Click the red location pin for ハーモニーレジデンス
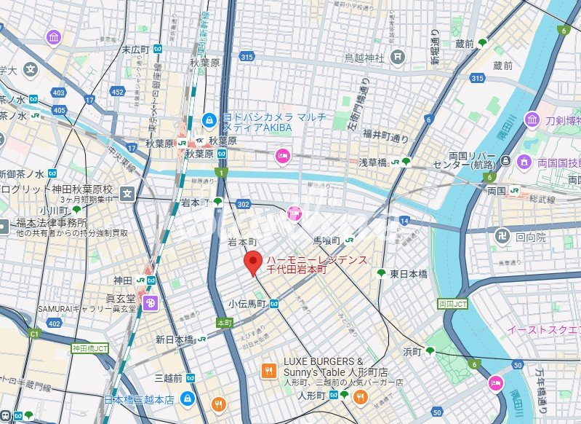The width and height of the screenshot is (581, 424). point(252,263)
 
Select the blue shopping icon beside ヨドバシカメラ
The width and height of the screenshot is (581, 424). point(209,119)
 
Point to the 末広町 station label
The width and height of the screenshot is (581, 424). point(136,50)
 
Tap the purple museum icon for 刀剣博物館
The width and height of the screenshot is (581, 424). point(532,120)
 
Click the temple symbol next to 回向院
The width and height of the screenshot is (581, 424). point(500,237)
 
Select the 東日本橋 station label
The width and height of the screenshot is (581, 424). point(409,273)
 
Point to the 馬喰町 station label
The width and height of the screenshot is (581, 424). point(326,239)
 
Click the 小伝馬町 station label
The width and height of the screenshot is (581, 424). point(247,304)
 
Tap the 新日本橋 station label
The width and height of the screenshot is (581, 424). point(175,339)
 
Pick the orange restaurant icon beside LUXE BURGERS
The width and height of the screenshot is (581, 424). point(268,371)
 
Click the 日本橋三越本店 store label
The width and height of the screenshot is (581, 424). point(139,399)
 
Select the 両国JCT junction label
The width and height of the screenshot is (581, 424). point(453,303)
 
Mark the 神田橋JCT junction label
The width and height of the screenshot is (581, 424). point(89,349)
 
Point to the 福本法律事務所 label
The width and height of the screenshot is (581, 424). point(53,223)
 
